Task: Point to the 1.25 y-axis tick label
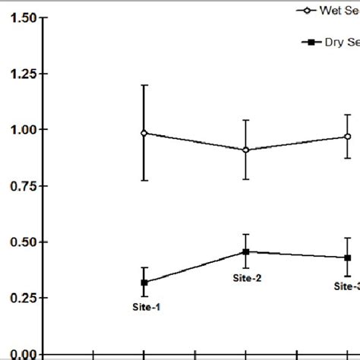21,74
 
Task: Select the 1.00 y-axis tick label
21,130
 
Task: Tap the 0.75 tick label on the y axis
21,186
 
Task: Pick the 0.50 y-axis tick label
21,242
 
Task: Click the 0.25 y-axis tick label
21,298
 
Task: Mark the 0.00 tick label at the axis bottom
21,353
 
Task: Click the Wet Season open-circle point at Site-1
144,133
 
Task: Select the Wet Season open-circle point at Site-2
246,150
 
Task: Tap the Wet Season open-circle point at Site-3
347,137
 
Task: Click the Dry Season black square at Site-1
144,283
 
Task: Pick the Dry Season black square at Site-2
246,251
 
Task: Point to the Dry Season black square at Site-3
347,257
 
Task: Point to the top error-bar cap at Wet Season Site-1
144,85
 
